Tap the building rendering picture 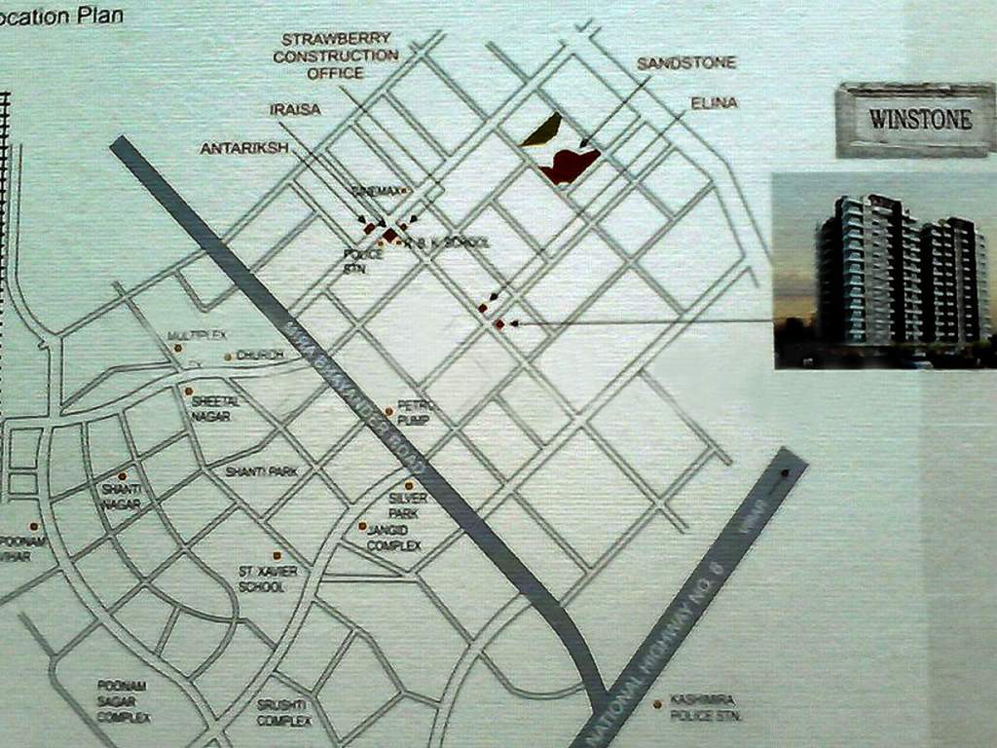pos(883,271)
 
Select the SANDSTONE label pos(686,63)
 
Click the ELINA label pos(714,102)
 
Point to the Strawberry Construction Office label pos(335,56)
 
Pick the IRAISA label pos(295,109)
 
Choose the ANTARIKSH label pos(244,148)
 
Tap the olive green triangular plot pos(542,131)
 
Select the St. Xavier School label pos(268,579)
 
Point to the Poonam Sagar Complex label pos(124,701)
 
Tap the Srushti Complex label pos(283,713)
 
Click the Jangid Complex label pos(393,538)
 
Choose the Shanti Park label pos(261,472)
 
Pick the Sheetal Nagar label pos(210,408)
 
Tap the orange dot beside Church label pos(228,356)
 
